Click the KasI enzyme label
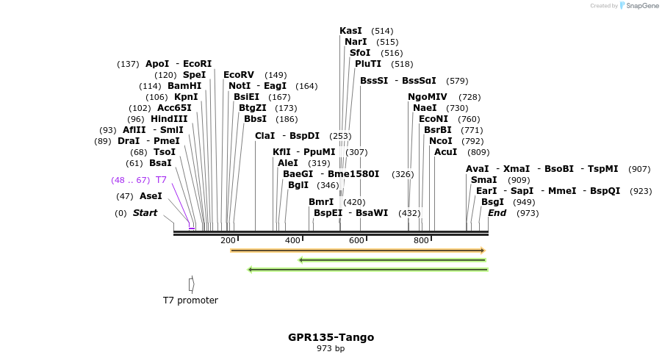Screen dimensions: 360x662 [x=350, y=31]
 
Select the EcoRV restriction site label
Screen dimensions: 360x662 [x=239, y=75]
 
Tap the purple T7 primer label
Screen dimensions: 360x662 [x=161, y=180]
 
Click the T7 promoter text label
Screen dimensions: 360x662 [x=190, y=300]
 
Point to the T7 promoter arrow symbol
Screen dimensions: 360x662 [x=191, y=284]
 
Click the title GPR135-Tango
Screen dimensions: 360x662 [x=331, y=337]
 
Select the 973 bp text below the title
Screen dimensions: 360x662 [x=331, y=349]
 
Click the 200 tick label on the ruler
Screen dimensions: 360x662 [x=228, y=241]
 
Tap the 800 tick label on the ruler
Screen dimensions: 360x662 [x=421, y=241]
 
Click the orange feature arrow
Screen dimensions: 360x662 [x=358, y=251]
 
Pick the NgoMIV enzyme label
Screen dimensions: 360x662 [x=428, y=97]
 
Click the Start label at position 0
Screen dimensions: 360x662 [x=145, y=213]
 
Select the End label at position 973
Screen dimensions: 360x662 [x=497, y=213]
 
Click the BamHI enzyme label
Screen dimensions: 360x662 [x=184, y=86]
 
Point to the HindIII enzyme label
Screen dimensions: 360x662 [x=169, y=119]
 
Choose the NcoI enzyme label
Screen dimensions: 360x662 [x=441, y=141]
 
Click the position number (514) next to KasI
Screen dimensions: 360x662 [x=382, y=31]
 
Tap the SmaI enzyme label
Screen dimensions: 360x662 [x=483, y=180]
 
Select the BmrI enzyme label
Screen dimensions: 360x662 [x=321, y=202]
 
